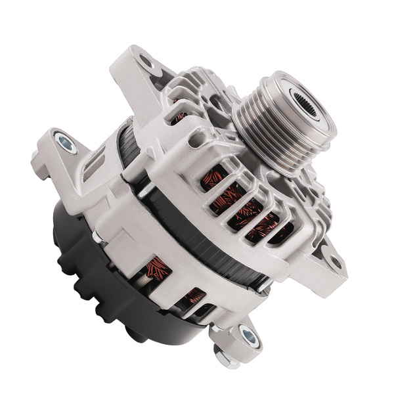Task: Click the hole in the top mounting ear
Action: click(145, 64)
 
